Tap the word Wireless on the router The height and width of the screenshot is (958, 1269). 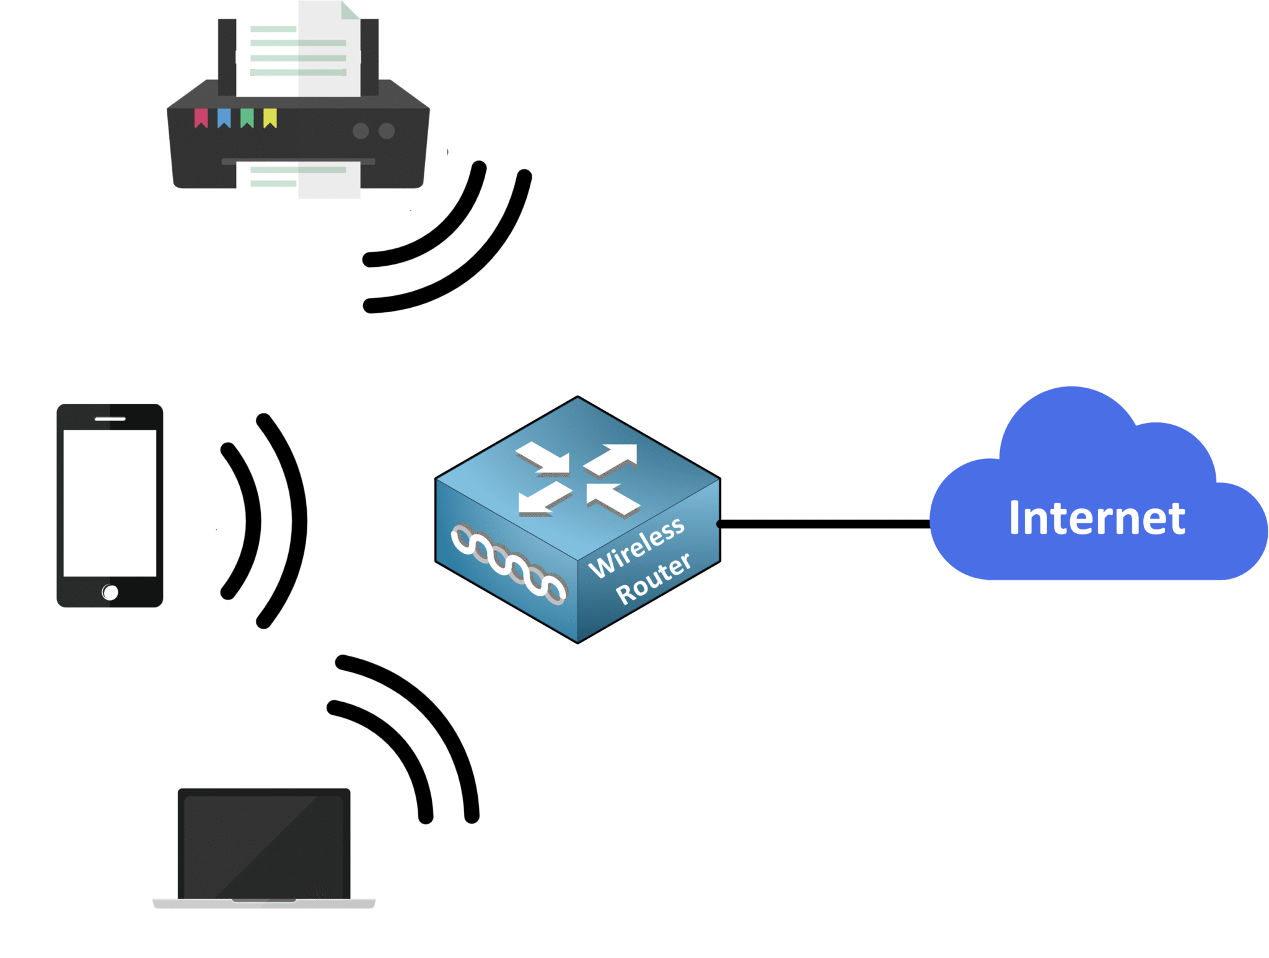[x=636, y=547]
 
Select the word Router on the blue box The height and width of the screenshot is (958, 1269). [x=653, y=578]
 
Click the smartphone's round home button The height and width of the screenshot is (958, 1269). [x=110, y=593]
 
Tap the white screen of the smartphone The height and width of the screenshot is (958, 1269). [x=110, y=503]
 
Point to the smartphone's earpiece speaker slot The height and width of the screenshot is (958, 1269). [x=110, y=419]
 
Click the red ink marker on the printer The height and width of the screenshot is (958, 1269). [x=201, y=118]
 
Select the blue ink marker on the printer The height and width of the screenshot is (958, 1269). [x=224, y=118]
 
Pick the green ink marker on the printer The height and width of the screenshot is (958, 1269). [x=247, y=118]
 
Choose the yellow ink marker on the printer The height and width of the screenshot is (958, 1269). [x=270, y=118]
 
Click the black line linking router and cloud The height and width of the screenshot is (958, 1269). [x=824, y=525]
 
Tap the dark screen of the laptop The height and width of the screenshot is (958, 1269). [x=264, y=845]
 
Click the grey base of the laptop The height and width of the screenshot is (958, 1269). [x=264, y=904]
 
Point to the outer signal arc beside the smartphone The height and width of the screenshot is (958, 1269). [x=298, y=520]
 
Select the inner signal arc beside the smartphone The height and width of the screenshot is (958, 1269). [x=252, y=520]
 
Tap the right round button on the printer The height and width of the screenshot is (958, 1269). [x=387, y=131]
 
